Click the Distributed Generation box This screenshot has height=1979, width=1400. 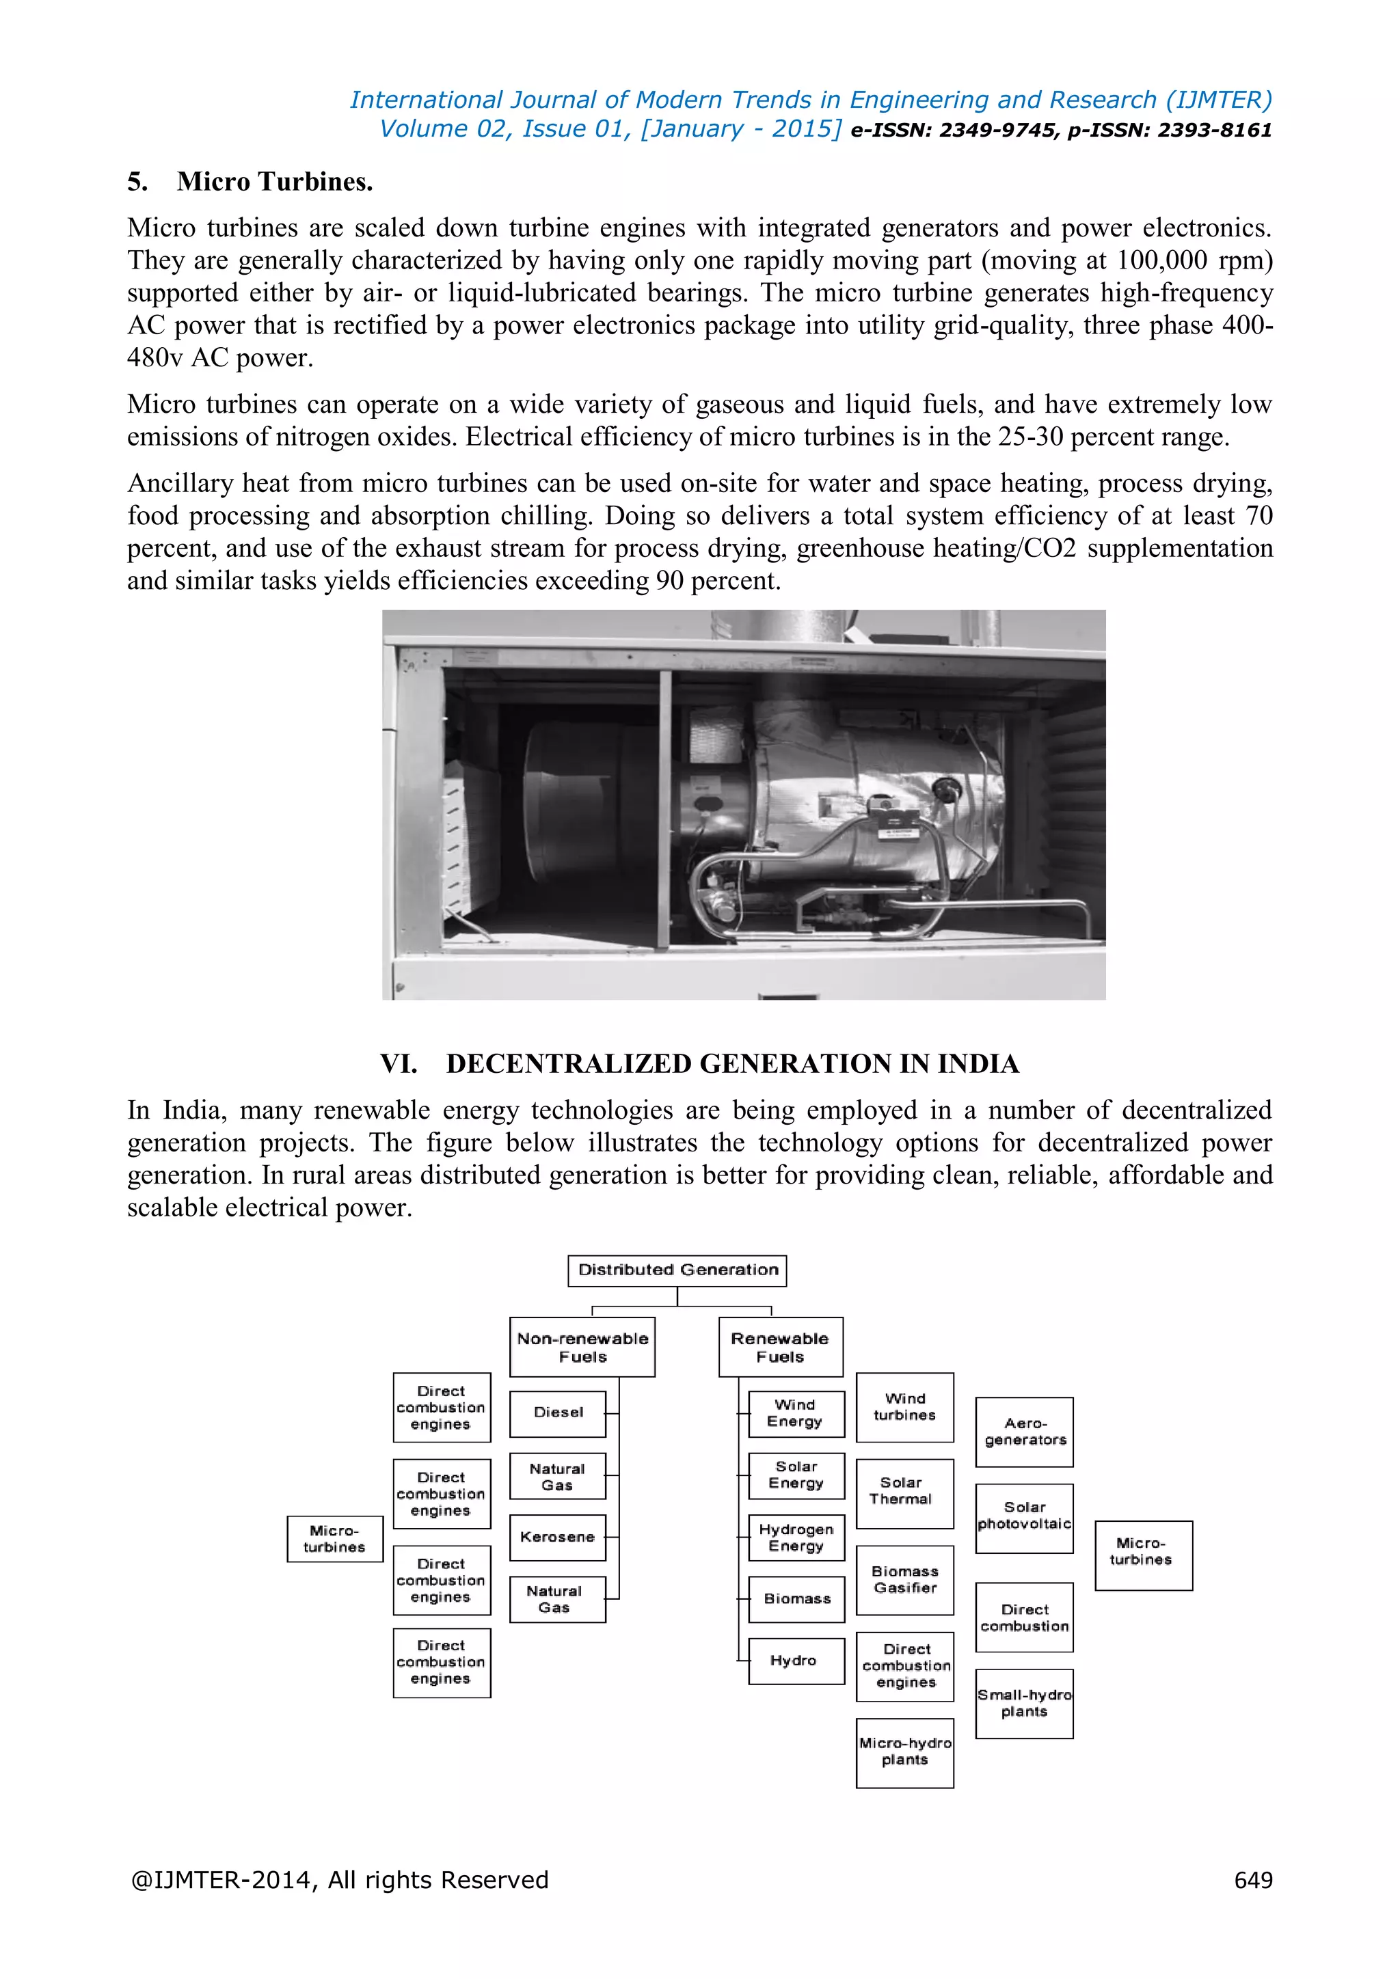[x=677, y=1270]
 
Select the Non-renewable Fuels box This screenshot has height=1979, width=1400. [x=582, y=1347]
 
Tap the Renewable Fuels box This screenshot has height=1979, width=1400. [x=780, y=1347]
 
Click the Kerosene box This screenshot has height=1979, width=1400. [x=558, y=1538]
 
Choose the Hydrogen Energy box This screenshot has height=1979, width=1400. [x=796, y=1538]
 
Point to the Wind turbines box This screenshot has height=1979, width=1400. [x=904, y=1406]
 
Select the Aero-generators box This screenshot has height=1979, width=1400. [x=1024, y=1432]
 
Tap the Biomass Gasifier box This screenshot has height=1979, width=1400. [x=904, y=1580]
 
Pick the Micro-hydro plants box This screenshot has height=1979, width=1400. [x=904, y=1752]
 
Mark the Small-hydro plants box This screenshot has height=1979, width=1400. [x=1024, y=1703]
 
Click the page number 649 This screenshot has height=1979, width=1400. [x=1252, y=1880]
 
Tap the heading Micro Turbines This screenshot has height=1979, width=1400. [x=274, y=182]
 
